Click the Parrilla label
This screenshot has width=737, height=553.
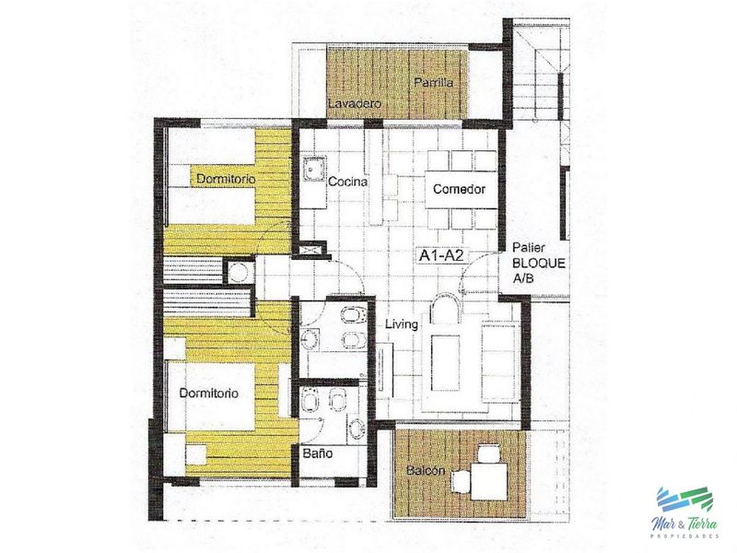pos(433,83)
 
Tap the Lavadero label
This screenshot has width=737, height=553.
pos(355,103)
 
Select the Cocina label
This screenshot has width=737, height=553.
pos(348,182)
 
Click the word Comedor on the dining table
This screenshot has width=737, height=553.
pos(459,189)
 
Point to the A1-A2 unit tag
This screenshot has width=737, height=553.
pos(441,256)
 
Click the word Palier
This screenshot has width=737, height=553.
pos(528,247)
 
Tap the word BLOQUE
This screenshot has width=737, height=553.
pos(539,263)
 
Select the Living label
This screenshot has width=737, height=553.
pos(402,324)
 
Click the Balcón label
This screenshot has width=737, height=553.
pos(426,470)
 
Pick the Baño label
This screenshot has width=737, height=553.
pos(318,453)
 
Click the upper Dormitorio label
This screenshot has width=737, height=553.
pos(226,179)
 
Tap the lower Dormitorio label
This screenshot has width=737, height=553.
pos(209,394)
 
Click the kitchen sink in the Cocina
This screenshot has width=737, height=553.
pos(313,169)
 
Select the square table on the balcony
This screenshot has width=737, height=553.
pos(489,481)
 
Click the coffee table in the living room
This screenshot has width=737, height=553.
pos(446,362)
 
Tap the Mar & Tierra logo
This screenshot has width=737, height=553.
pos(686,512)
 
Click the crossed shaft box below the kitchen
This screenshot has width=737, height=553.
pos(310,249)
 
